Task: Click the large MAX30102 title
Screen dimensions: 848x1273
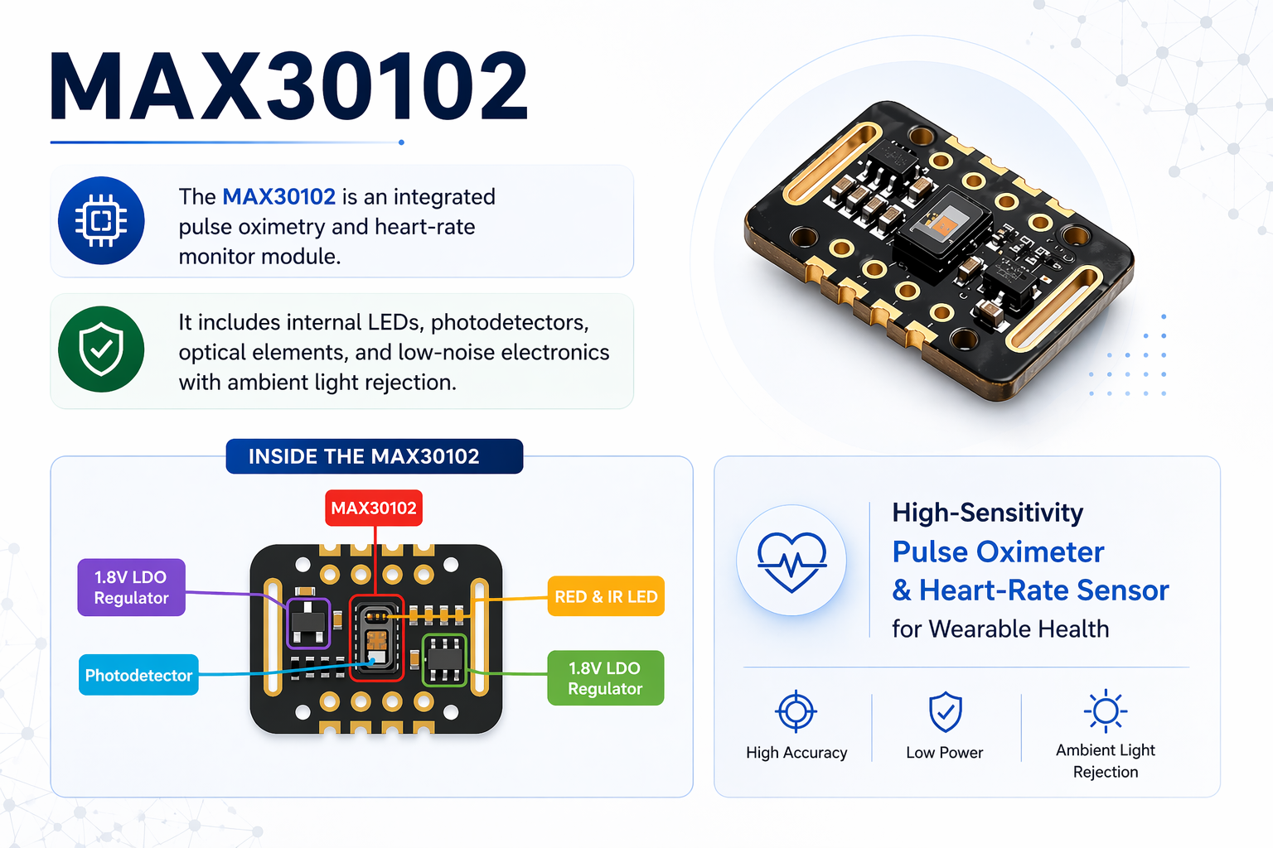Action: coord(288,88)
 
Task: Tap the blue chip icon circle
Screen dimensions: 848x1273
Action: coord(101,221)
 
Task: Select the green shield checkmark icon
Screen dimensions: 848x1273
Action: coord(101,349)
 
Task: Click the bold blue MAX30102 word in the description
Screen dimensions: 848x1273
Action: coord(278,197)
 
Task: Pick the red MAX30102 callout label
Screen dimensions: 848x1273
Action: coord(373,508)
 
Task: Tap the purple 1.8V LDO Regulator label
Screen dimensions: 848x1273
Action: coord(131,588)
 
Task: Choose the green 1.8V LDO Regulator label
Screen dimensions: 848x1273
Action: coord(605,678)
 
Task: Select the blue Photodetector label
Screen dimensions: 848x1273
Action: coord(138,676)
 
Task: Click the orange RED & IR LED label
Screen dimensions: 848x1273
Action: coord(606,597)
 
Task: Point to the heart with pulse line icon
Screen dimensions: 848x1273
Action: coord(791,561)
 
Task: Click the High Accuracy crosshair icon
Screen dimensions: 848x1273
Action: coord(796,711)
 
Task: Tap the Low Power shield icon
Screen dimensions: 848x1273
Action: coord(945,712)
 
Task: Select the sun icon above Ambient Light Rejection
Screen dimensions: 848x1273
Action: coord(1105,711)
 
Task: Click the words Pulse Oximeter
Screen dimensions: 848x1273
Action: coord(998,552)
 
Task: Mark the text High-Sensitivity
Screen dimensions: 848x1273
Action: coord(987,513)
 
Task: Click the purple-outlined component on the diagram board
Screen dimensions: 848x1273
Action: coord(308,624)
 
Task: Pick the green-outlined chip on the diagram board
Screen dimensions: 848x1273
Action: coord(444,660)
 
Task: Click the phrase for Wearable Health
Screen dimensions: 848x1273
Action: coord(1000,629)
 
